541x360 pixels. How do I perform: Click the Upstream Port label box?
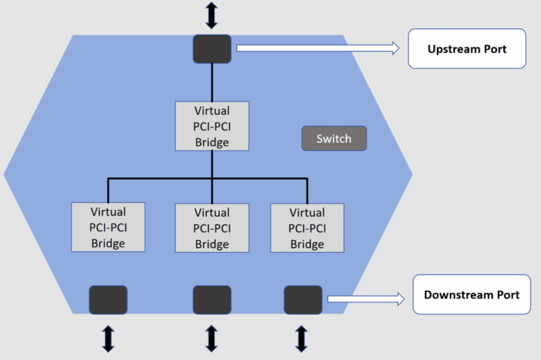(467, 49)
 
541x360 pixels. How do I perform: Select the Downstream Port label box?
(471, 294)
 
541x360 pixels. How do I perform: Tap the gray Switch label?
(334, 139)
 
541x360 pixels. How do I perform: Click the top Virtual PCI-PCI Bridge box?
(212, 126)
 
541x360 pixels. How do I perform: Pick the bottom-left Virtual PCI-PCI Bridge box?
(108, 227)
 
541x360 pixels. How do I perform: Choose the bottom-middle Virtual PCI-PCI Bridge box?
(212, 228)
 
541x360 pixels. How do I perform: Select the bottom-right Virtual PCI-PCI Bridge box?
(307, 228)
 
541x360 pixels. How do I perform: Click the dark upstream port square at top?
(212, 49)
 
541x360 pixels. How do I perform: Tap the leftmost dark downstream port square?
(108, 299)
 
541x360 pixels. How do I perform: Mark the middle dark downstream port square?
(212, 299)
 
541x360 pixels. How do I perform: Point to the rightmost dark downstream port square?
(303, 299)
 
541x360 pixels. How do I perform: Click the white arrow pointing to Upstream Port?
(317, 48)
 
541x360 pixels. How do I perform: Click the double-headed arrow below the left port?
(108, 338)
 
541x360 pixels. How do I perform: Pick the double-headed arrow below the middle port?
(212, 338)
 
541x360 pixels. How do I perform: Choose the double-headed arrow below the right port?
(301, 338)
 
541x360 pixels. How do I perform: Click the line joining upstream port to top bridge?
(212, 82)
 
